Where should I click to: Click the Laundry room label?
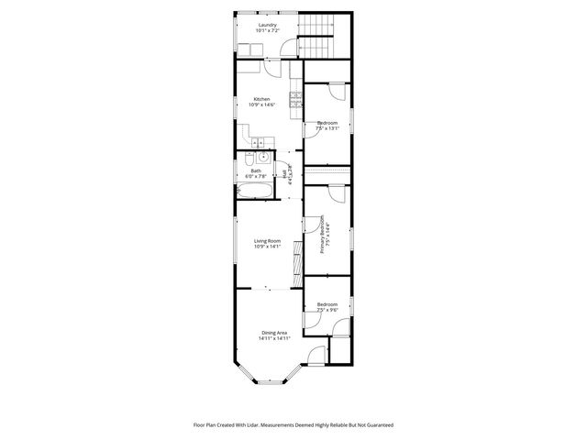[268, 25]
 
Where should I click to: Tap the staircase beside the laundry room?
[320, 38]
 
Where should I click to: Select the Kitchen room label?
[261, 99]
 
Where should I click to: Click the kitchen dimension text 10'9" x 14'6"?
[262, 105]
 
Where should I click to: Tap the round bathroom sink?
[262, 157]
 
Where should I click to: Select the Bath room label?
[255, 170]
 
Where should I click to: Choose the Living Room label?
[267, 241]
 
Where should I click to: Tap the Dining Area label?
[274, 333]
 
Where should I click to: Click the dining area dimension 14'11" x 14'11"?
[274, 339]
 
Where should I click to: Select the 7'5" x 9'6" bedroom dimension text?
[327, 310]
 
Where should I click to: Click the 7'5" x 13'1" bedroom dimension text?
[327, 128]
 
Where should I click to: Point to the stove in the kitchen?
[295, 102]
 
